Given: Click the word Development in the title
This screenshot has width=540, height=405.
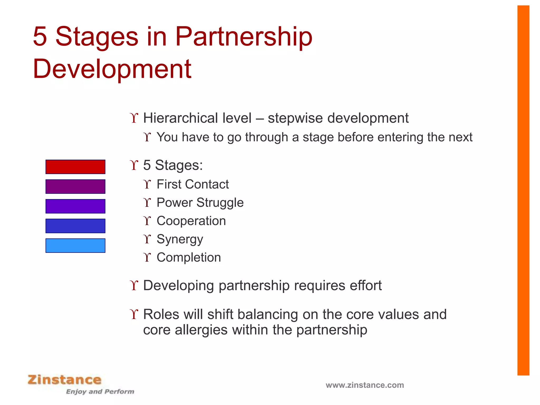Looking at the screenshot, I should coord(112,69).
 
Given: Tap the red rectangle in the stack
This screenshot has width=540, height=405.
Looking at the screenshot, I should coord(75,167).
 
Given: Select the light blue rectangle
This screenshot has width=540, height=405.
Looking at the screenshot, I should coord(75,245).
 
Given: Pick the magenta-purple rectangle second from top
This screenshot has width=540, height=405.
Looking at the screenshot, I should coord(75,186).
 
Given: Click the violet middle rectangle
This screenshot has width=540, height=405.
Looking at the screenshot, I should coord(75,206).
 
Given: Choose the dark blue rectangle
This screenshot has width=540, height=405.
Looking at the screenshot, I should coord(75,226).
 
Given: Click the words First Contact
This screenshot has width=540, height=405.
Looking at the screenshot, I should coord(192,184).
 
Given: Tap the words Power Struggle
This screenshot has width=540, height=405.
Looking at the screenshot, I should coord(200,203).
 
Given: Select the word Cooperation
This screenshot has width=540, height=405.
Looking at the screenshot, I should coord(191,221).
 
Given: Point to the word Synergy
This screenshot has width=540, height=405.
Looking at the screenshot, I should coord(180,239).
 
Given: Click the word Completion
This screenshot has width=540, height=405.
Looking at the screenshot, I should coord(189,258).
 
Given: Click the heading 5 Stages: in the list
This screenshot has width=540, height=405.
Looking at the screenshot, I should coord(173,165).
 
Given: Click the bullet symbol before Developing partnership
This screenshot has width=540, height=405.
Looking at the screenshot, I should coord(134,286).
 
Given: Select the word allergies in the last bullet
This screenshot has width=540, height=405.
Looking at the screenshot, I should coord(201,330).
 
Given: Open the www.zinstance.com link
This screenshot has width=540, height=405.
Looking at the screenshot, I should coord(365,385).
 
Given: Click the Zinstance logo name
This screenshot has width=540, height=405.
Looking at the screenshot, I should coord(65,380).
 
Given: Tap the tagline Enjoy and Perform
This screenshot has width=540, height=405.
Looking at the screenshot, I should coord(100,392).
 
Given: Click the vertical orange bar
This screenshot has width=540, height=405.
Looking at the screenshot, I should coord(523,190).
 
